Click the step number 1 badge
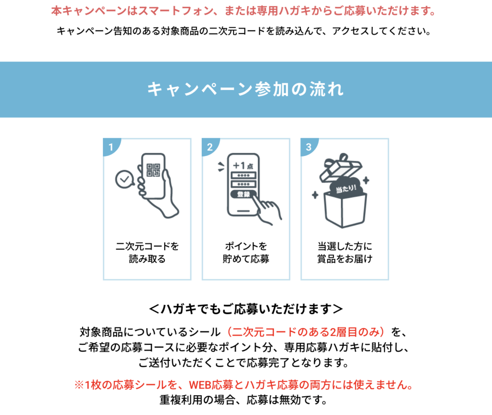point(111,146)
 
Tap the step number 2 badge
point(209,146)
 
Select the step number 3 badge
point(308,146)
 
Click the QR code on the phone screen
point(153,170)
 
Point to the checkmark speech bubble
point(124,179)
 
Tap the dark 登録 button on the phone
point(244,194)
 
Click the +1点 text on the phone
point(243,165)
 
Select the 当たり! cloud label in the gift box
point(346,188)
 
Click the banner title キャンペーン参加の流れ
point(246,89)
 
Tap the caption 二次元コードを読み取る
point(147,253)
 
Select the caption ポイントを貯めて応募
point(246,253)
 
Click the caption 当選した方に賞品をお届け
point(345,253)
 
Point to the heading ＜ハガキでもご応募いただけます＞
point(246,309)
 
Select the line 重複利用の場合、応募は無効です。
point(244,400)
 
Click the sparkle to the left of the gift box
point(315,195)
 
